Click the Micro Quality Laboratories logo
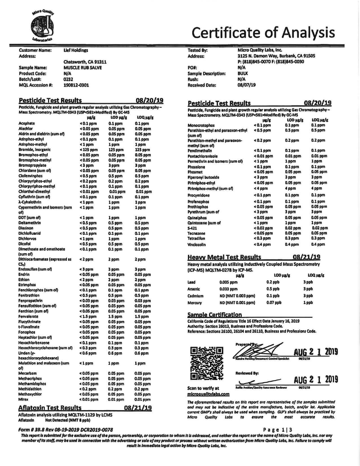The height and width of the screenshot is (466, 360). point(42,26)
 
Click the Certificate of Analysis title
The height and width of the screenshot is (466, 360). point(263,32)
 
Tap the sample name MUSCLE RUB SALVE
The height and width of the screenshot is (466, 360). point(83,68)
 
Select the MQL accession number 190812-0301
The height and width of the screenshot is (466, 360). point(76,85)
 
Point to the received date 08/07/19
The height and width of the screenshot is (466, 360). point(246,85)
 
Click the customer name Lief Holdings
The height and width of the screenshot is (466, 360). point(76,50)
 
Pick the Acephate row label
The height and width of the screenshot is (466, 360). point(27,123)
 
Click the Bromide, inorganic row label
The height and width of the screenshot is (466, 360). point(35,150)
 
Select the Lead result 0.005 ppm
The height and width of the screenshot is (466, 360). point(227,282)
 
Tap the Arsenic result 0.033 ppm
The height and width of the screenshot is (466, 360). point(228,289)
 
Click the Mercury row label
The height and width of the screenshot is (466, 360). point(195,303)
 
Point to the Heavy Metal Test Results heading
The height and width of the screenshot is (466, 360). point(224,257)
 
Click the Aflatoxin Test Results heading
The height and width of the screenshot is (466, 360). point(50,408)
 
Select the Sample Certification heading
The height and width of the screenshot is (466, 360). point(215,315)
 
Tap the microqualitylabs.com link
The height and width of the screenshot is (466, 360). point(208,394)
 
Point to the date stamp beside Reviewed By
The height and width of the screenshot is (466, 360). point(316,380)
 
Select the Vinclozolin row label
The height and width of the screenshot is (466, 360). point(197,245)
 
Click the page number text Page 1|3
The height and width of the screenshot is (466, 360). point(277,430)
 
